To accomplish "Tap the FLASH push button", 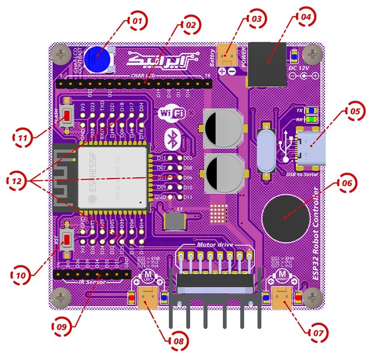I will click(x=66, y=117).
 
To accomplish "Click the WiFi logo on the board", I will click(x=172, y=113).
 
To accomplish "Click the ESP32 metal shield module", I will click(x=113, y=175).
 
